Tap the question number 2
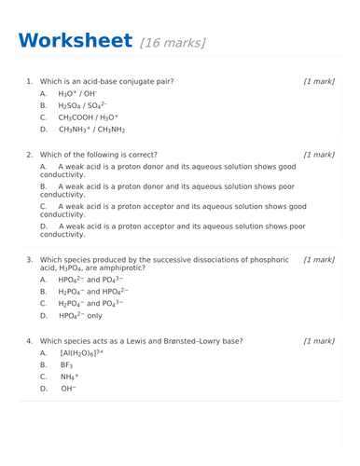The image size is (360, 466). (30, 155)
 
